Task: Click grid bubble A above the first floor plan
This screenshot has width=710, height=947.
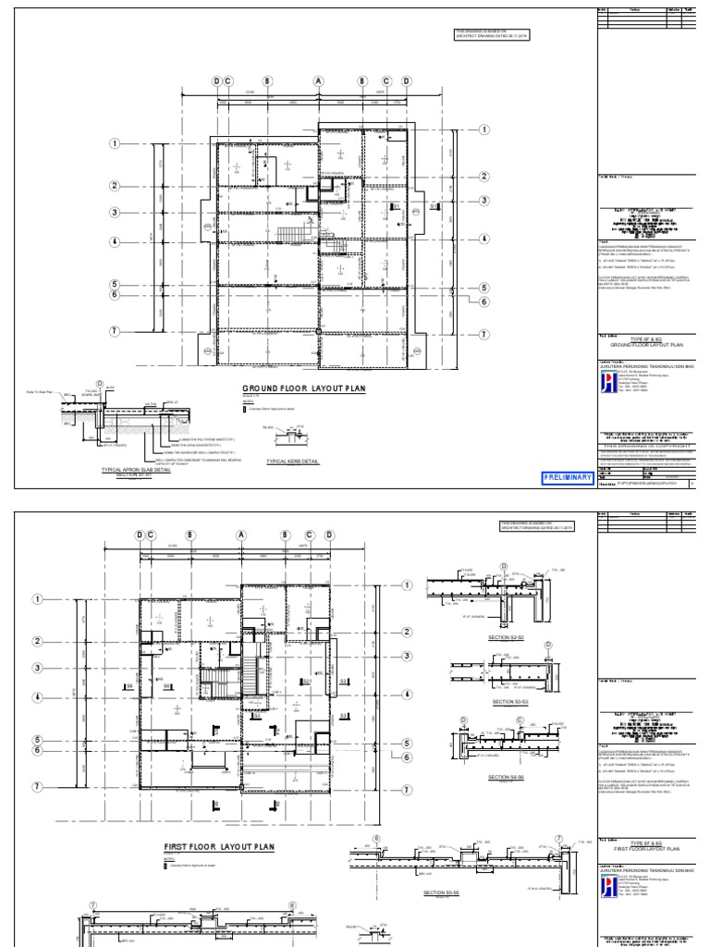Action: click(x=242, y=535)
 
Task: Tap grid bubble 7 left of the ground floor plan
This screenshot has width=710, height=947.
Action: click(x=116, y=331)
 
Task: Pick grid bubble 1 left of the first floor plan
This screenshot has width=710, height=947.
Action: click(x=38, y=598)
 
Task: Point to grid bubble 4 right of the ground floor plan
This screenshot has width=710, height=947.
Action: click(x=484, y=241)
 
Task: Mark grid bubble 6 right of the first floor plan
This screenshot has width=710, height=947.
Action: click(x=405, y=756)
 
